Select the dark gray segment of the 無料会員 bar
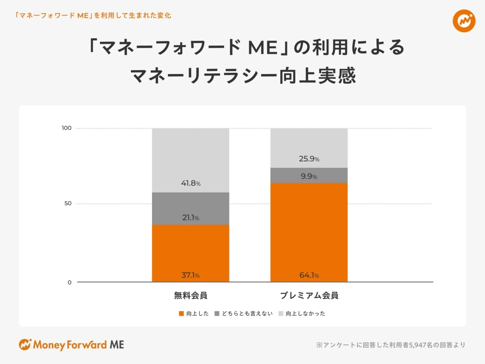(190, 208)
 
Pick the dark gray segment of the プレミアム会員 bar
(309, 175)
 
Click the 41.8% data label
(191, 183)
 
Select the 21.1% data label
(191, 218)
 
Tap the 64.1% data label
(309, 275)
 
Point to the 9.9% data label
(309, 177)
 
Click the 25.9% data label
(309, 159)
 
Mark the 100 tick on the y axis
(66, 128)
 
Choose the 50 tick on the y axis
(68, 203)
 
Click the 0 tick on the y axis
(70, 283)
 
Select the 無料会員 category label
(191, 296)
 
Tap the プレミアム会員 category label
(309, 296)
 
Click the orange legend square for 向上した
(182, 313)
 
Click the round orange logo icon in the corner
(464, 21)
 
